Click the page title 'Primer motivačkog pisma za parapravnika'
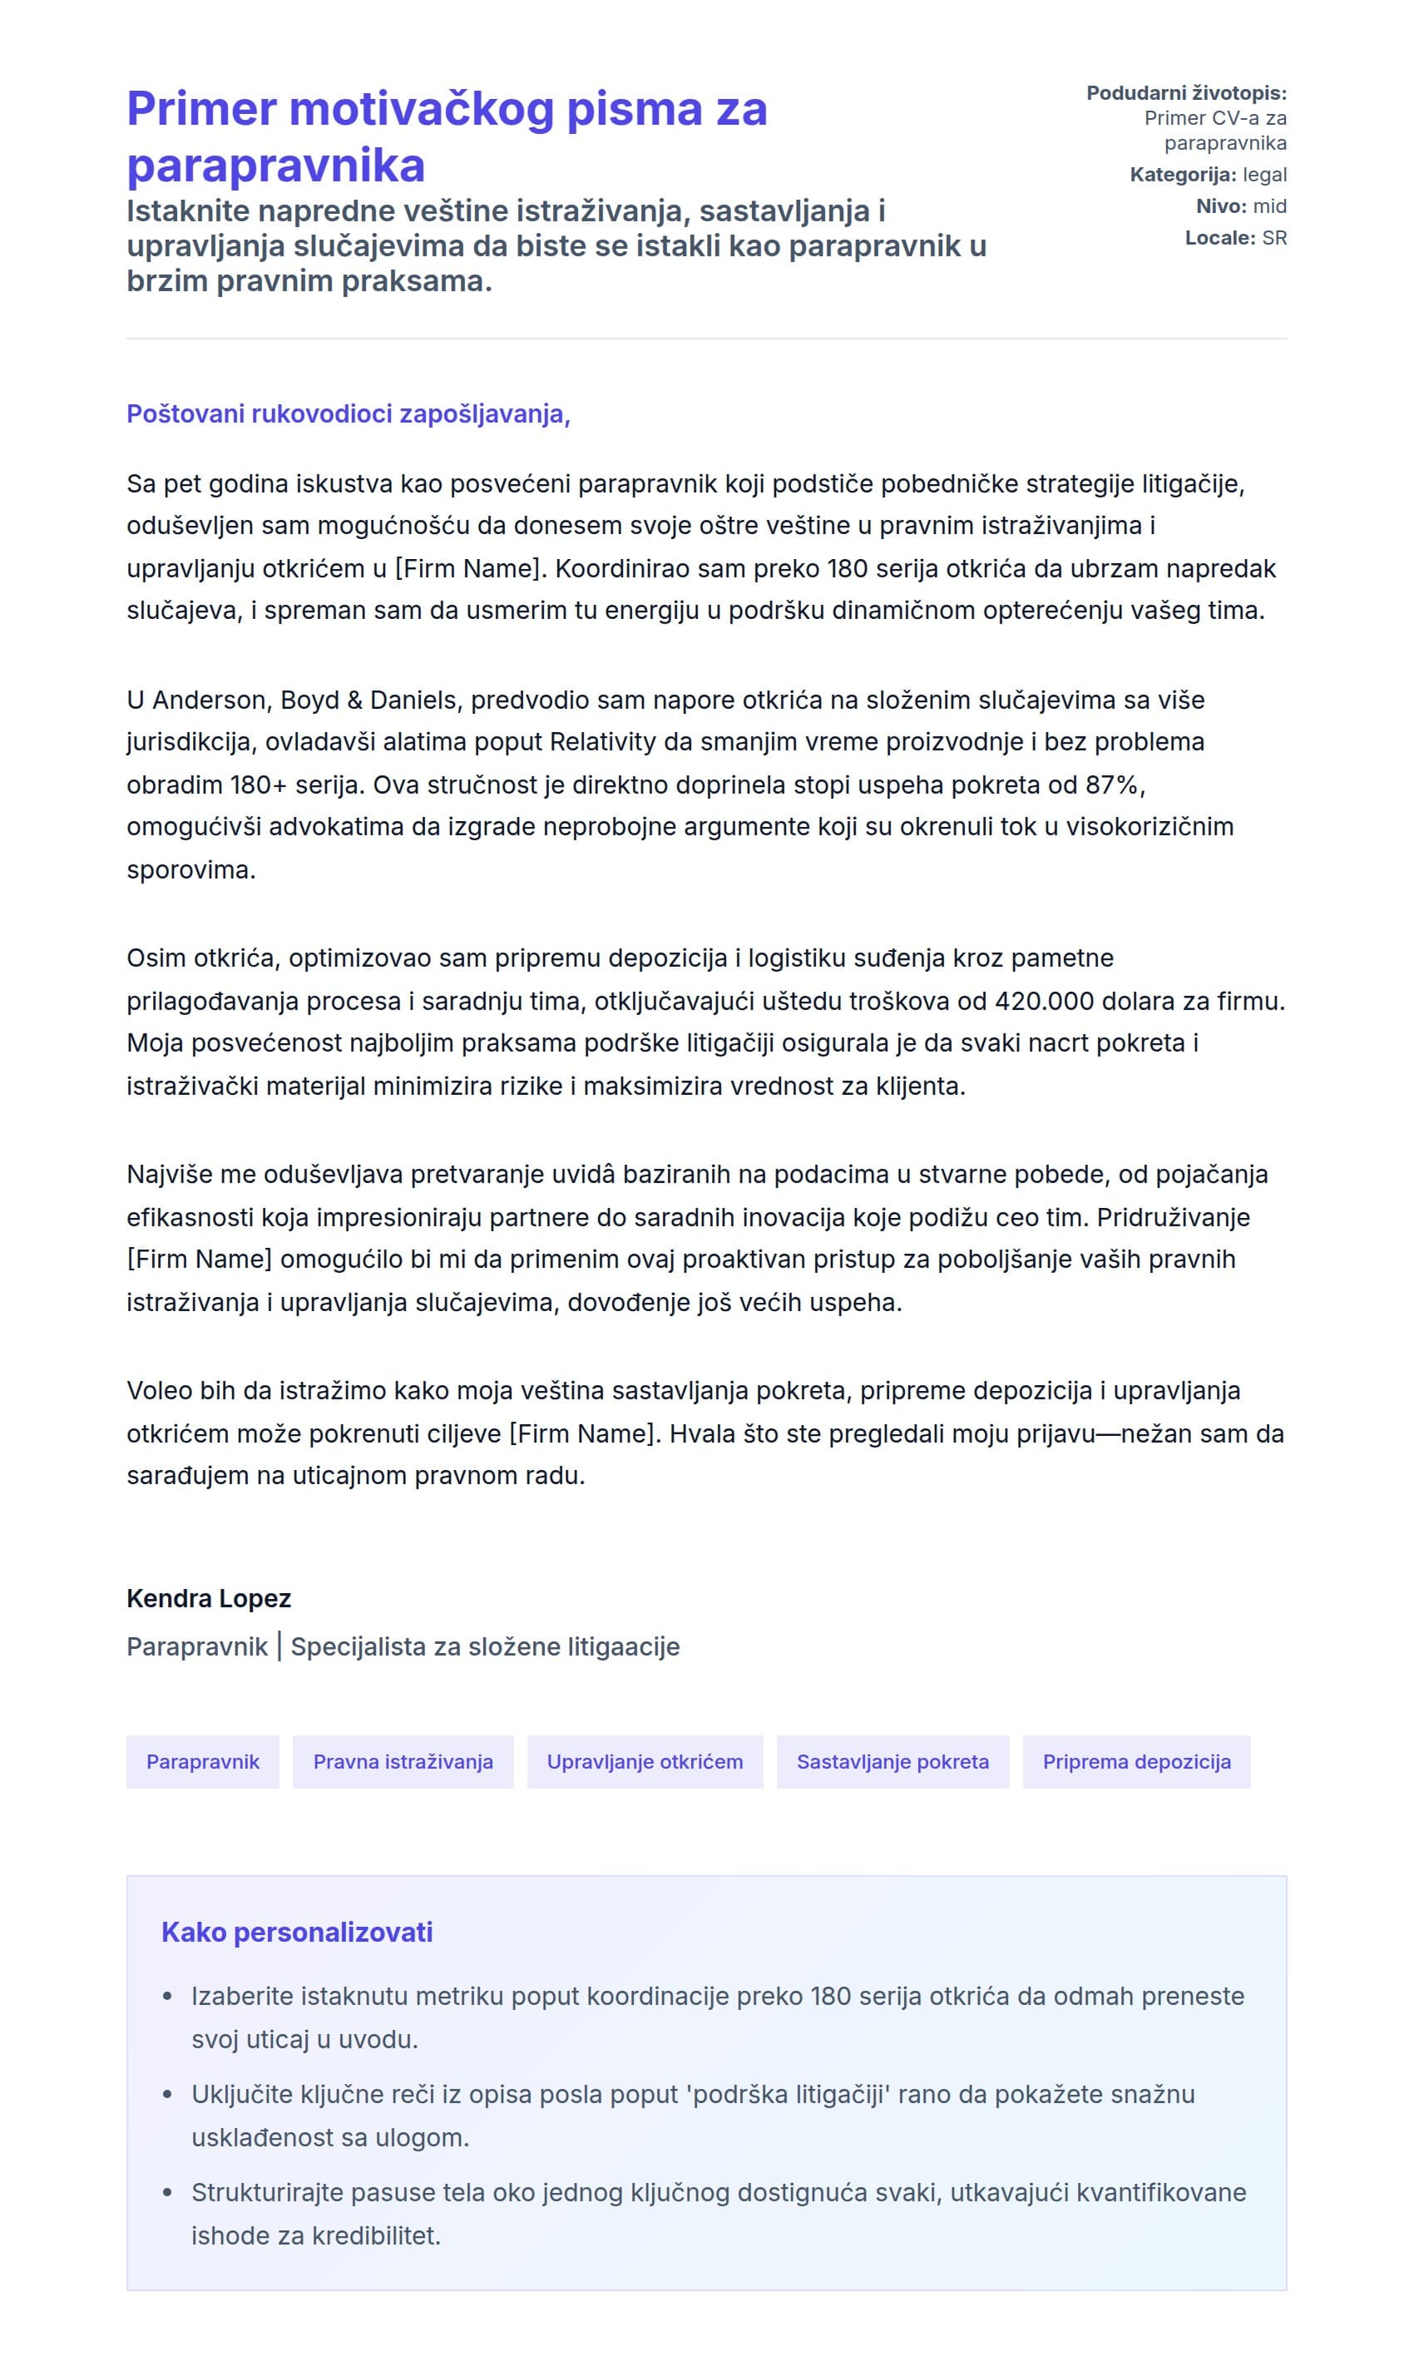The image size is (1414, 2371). click(x=446, y=136)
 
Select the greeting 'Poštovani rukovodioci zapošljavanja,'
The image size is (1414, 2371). click(x=348, y=413)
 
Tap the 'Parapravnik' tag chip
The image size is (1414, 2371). click(x=202, y=1761)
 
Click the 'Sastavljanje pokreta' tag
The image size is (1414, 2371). click(x=892, y=1761)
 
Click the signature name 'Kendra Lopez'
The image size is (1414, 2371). click(x=209, y=1598)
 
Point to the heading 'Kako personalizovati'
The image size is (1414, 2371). click(x=296, y=1932)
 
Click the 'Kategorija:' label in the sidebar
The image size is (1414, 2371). click(x=1183, y=175)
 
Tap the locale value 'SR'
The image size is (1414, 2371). click(x=1274, y=237)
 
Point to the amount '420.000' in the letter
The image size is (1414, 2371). click(x=1047, y=1001)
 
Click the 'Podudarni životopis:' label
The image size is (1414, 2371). click(x=1185, y=92)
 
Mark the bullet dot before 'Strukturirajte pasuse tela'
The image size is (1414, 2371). click(x=168, y=2192)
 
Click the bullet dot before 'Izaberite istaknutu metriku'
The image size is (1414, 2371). click(x=168, y=1996)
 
